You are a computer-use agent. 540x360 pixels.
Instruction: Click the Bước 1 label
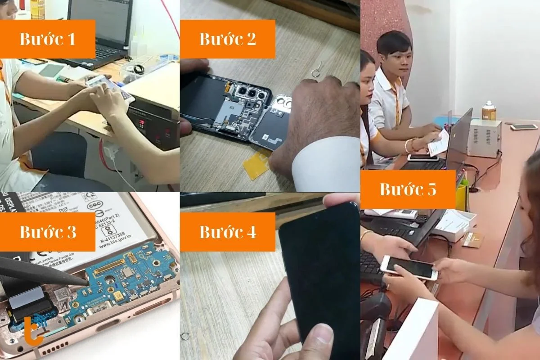point(47,39)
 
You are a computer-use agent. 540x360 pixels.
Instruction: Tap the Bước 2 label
point(227,39)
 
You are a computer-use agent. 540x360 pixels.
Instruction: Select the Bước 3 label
point(47,232)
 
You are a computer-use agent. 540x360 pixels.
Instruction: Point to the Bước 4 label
point(227,232)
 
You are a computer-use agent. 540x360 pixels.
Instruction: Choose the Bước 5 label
point(408,189)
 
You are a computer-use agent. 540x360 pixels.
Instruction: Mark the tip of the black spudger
point(85,281)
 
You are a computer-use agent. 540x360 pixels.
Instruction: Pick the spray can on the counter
point(488,110)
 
